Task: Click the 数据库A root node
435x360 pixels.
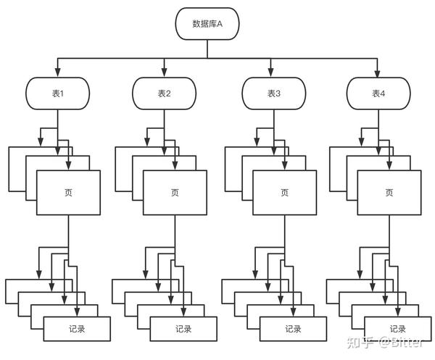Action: [x=207, y=24]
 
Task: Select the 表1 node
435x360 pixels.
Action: [x=58, y=93]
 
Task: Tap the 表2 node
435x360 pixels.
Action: [x=165, y=93]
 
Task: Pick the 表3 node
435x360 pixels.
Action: [x=274, y=93]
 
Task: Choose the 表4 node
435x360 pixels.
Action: [x=378, y=93]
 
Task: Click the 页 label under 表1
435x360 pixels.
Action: [x=69, y=193]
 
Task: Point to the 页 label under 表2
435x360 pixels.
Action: [x=175, y=193]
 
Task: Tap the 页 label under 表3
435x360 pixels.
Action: [x=285, y=193]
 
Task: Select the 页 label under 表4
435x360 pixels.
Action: [x=389, y=193]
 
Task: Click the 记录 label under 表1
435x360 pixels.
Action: [x=77, y=329]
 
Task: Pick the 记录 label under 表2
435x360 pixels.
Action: [x=183, y=329]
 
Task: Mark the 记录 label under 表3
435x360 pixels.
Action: [x=293, y=329]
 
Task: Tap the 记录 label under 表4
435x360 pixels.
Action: [x=398, y=329]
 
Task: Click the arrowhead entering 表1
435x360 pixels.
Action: [x=58, y=72]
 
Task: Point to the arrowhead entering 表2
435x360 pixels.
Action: [x=165, y=72]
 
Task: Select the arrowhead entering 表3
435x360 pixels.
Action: [x=271, y=72]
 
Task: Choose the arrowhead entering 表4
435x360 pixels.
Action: [x=377, y=72]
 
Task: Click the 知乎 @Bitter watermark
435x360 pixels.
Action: [x=386, y=343]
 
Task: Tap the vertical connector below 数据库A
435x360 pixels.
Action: [x=207, y=49]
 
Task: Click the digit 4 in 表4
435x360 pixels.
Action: [x=382, y=93]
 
